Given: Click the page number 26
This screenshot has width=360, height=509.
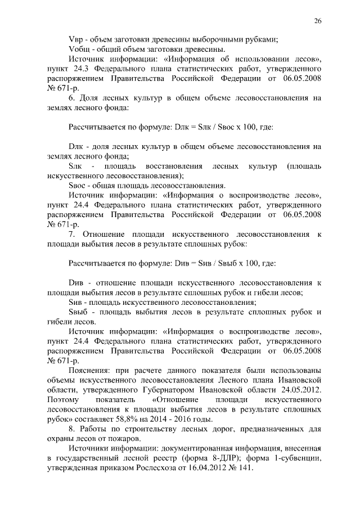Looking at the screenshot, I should [318, 21].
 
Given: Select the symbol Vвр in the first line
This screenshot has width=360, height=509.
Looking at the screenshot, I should [75, 39].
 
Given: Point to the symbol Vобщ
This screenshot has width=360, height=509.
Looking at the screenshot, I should [78, 49].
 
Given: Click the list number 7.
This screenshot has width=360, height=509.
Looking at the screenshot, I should [71, 233].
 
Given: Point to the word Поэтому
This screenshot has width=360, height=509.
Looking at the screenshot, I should [66, 399].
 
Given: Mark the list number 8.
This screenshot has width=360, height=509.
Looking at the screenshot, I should [71, 429].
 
